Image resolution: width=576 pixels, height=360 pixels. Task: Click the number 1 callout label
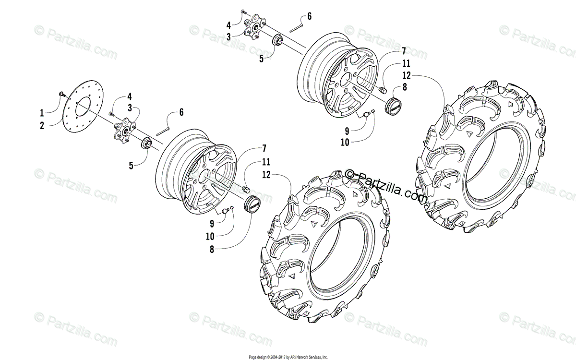pyautogui.click(x=42, y=114)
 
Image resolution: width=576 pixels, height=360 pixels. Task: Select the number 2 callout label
pyautogui.click(x=42, y=125)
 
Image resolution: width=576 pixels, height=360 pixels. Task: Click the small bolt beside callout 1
pyautogui.click(x=61, y=93)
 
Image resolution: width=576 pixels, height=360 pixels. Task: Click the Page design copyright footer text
pyautogui.click(x=288, y=357)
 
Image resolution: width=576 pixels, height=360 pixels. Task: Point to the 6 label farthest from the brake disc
pyautogui.click(x=309, y=16)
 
